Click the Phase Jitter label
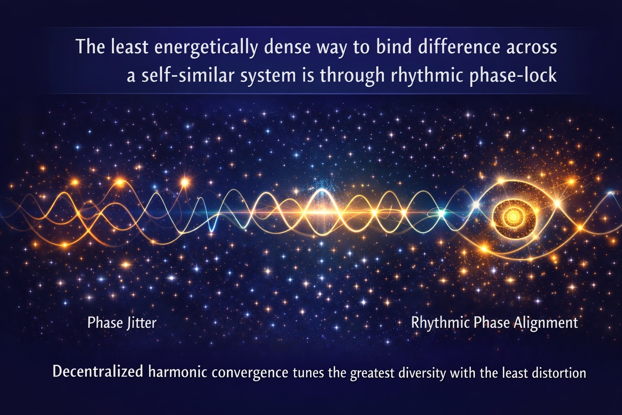coord(121,323)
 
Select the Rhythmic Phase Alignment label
coord(494,323)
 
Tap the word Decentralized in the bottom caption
coord(98,372)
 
